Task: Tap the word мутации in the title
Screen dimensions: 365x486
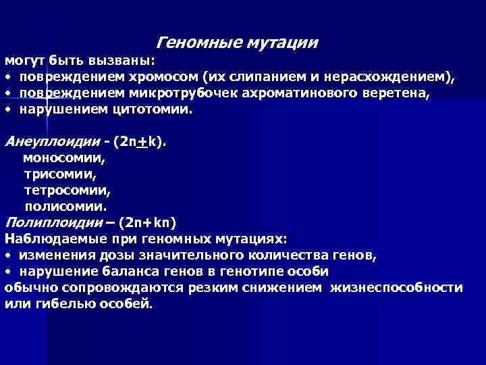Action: (282, 44)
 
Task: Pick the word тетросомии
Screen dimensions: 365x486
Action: (67, 191)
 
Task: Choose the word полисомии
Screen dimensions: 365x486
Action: (65, 206)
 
